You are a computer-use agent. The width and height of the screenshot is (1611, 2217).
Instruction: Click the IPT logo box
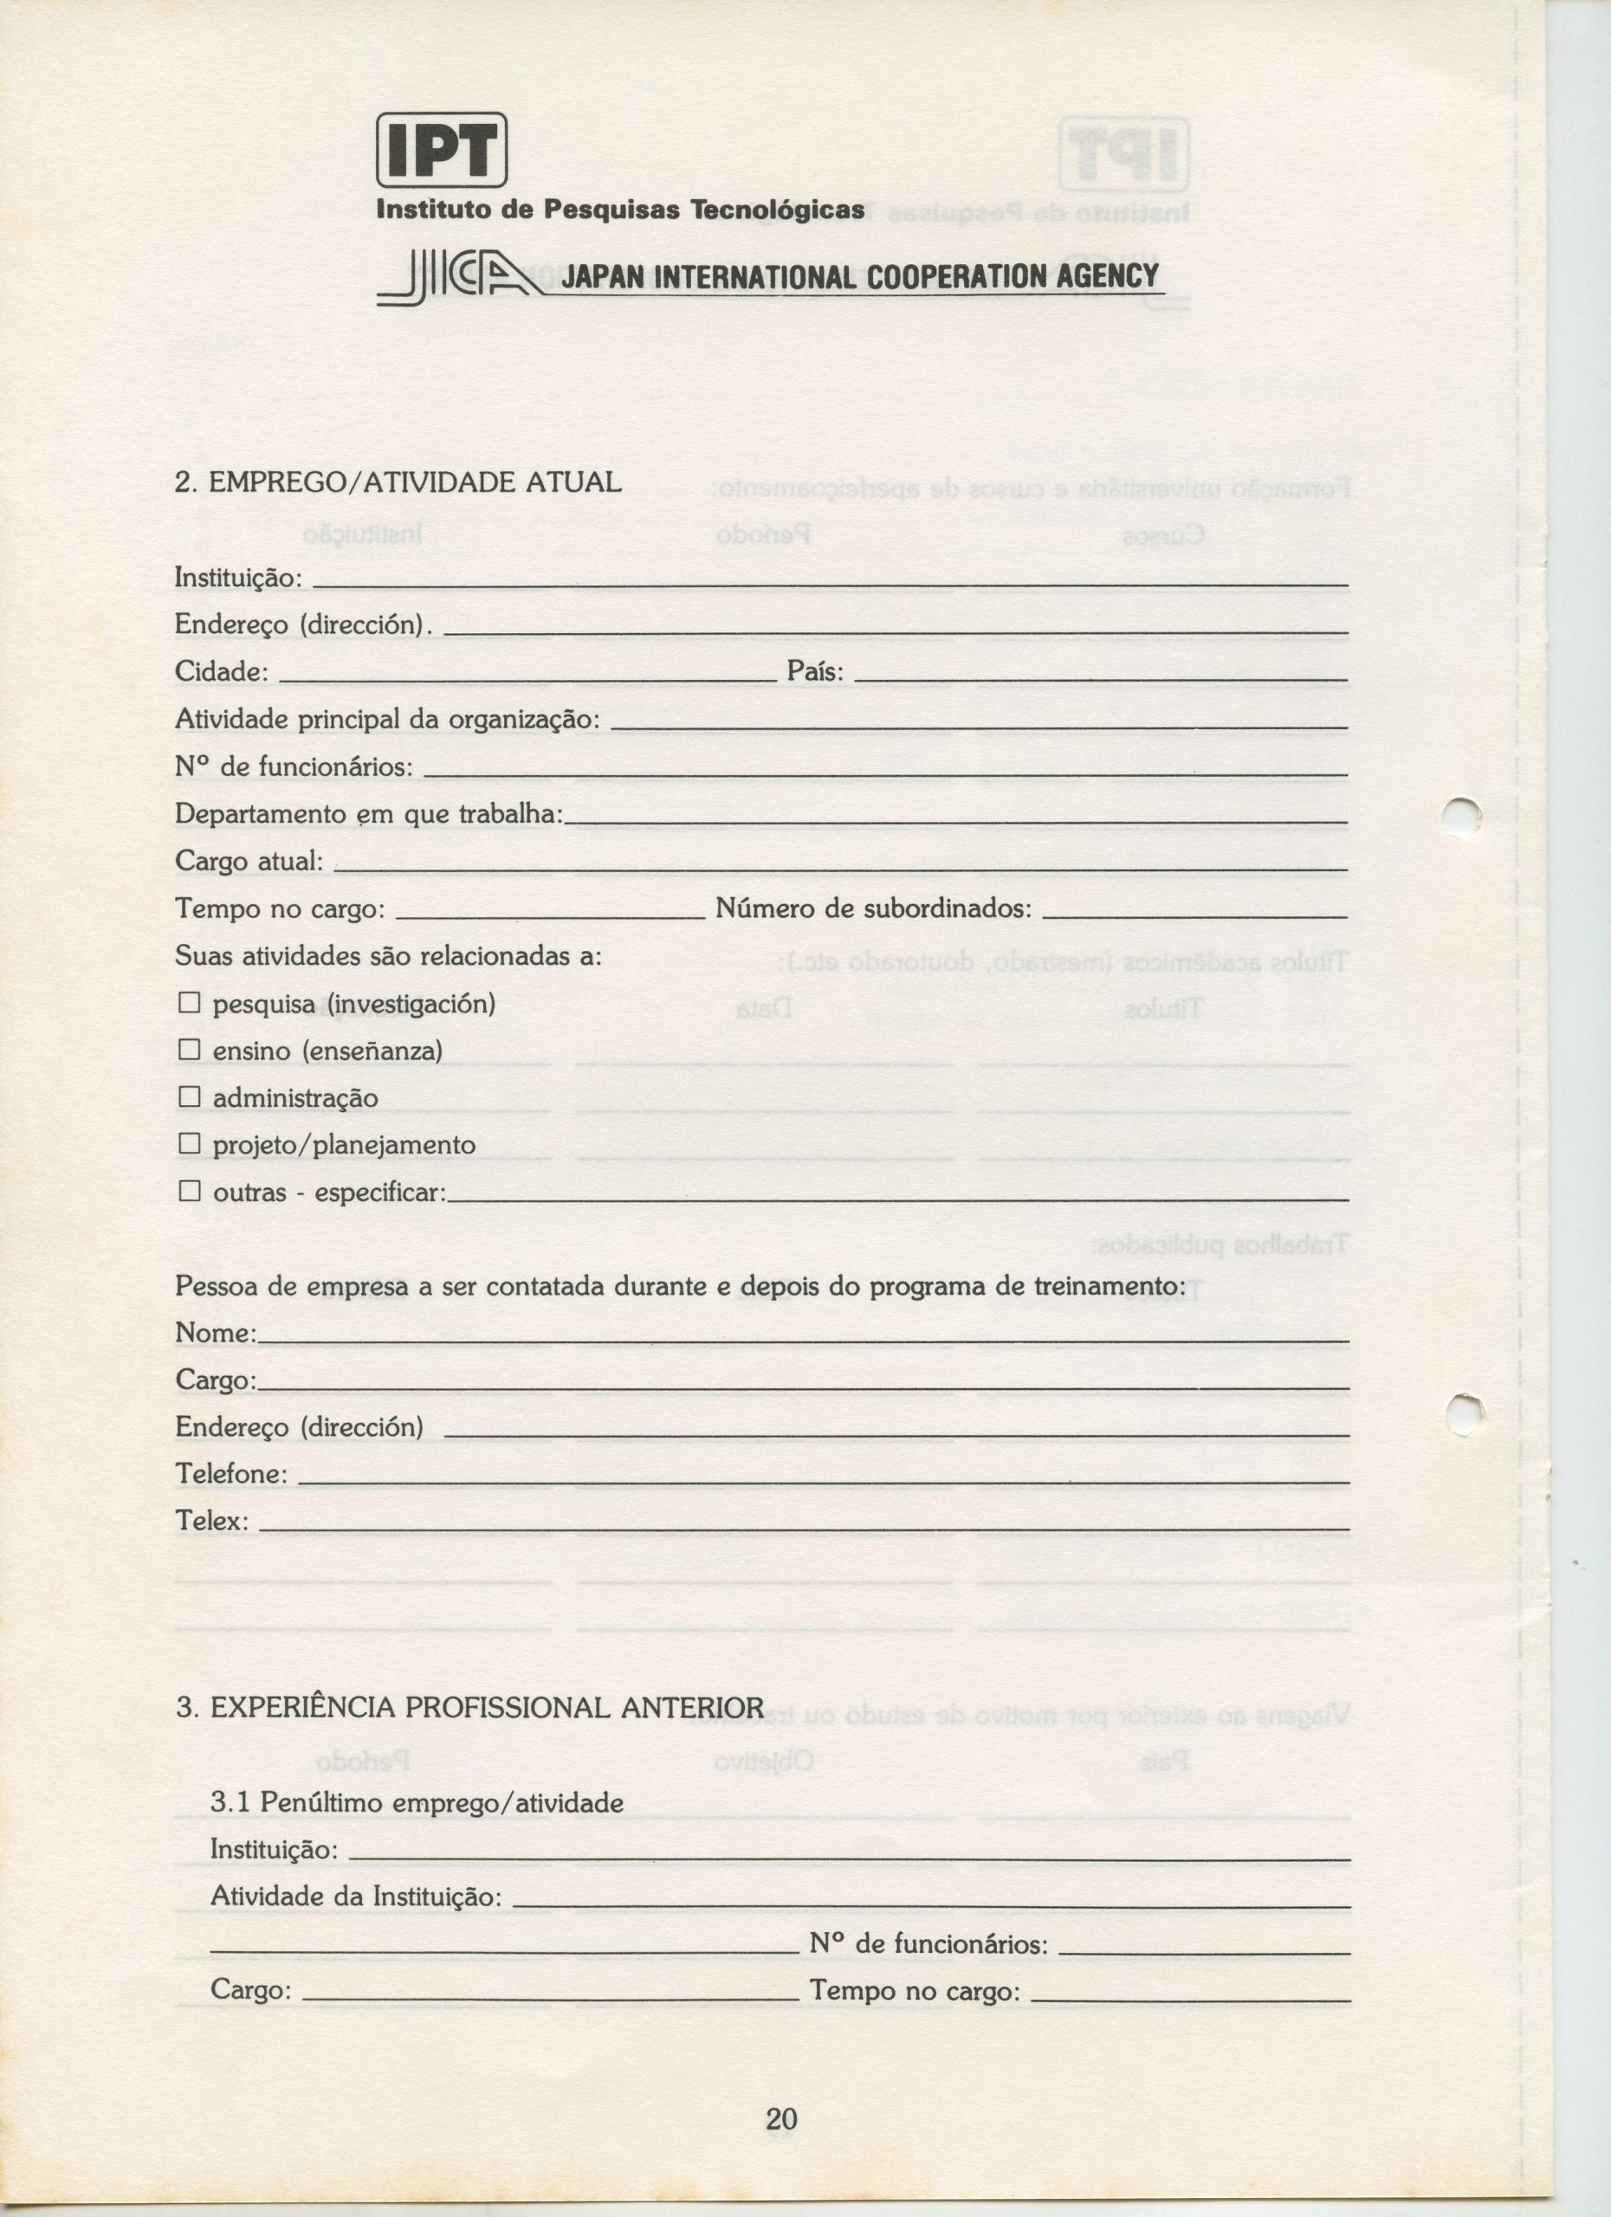pos(442,150)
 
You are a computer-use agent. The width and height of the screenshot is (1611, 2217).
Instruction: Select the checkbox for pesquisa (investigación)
pos(189,1003)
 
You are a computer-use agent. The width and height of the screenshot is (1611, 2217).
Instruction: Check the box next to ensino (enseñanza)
pos(189,1050)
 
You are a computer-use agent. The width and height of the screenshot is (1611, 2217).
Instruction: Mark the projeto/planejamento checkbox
pos(189,1144)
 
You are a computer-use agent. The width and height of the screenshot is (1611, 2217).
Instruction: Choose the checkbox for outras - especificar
pos(189,1191)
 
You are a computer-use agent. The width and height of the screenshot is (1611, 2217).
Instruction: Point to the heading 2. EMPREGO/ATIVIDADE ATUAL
pos(398,482)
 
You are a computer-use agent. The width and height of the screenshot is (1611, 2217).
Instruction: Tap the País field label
pos(814,673)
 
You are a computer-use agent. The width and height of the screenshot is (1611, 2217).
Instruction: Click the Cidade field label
pos(221,673)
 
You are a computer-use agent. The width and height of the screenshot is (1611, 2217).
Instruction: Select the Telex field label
pos(211,1521)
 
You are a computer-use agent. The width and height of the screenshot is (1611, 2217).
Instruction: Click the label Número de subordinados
pos(873,909)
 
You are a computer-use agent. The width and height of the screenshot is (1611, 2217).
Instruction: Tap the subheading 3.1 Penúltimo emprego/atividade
pos(417,1802)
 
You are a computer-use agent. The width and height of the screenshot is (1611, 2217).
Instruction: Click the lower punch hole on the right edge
pos(1465,1413)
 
